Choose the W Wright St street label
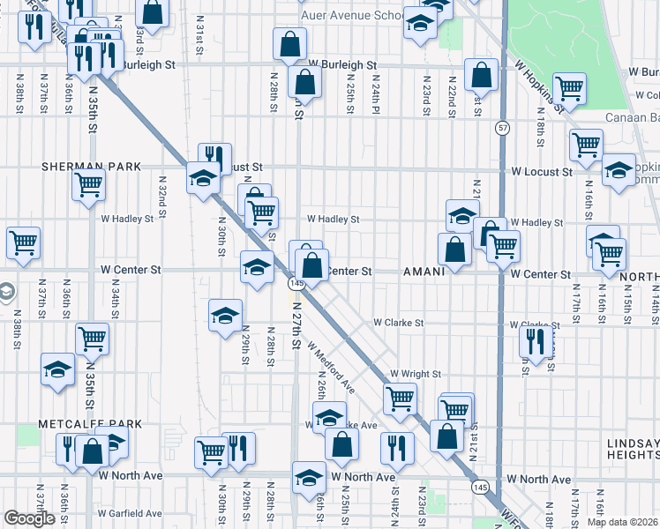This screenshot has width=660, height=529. point(415,374)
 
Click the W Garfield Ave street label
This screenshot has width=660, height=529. point(130,513)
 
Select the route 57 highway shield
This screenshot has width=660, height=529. point(501,128)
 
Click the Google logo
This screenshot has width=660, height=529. point(29,518)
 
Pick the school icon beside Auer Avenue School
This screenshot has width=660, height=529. point(421,23)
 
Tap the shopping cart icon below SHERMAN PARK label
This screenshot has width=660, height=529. point(89,186)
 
